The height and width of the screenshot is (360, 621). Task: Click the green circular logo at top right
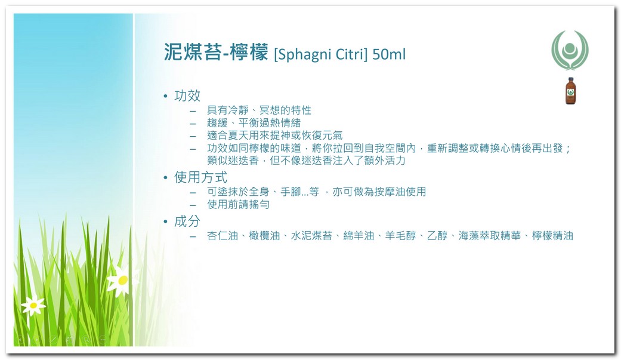click(570, 50)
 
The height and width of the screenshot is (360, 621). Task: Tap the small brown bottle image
click(570, 91)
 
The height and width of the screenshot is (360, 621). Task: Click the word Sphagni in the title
click(305, 54)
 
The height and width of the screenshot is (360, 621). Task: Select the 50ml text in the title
click(389, 54)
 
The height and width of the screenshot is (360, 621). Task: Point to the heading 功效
click(187, 96)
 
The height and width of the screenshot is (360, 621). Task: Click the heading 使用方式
click(201, 177)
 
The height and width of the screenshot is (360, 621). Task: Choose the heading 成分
click(187, 221)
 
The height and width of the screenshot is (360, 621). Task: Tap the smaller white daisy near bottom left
click(33, 305)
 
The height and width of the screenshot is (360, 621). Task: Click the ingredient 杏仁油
click(222, 236)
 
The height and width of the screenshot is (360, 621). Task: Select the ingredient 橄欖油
click(264, 236)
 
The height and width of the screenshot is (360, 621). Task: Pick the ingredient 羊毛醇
click(400, 236)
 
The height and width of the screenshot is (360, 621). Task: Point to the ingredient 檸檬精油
click(552, 236)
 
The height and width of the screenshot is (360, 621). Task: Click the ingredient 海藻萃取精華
click(490, 236)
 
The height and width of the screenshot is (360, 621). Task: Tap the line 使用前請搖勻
click(238, 205)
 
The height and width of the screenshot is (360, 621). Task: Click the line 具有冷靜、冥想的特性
click(259, 110)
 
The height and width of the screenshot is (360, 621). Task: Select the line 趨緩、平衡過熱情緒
click(254, 123)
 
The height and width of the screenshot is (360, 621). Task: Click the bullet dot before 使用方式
click(166, 178)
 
